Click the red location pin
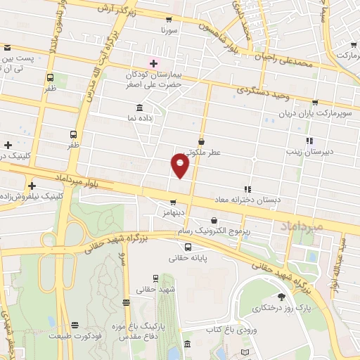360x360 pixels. point(180,165)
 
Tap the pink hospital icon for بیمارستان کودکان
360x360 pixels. point(154,64)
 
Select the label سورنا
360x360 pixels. point(169,32)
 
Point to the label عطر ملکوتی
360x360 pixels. point(202,153)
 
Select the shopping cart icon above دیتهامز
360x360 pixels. point(164,200)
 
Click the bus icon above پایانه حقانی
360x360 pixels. point(188,247)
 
